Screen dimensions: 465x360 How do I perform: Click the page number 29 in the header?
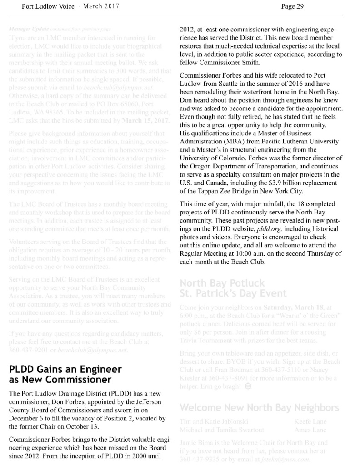click(300, 6)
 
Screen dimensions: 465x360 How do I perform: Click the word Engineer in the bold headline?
click(98, 369)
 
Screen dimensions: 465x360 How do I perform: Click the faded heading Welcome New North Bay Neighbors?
click(259, 407)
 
